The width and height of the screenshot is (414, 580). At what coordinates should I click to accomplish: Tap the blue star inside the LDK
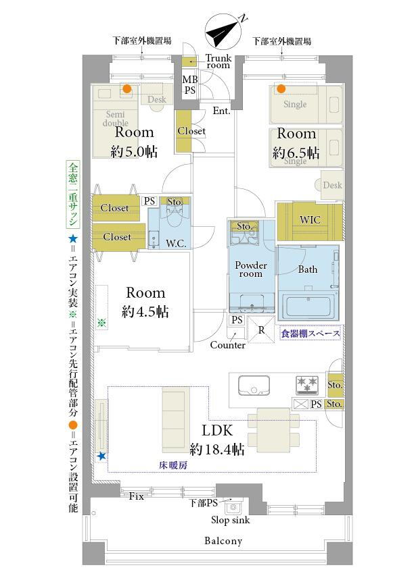click(101, 456)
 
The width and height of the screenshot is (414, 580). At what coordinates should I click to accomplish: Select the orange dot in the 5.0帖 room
click(127, 88)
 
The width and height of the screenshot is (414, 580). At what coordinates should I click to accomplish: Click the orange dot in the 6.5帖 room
click(281, 88)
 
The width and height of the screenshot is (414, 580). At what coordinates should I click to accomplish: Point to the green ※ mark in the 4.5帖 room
click(101, 323)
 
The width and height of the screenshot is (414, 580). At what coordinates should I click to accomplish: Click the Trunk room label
click(218, 61)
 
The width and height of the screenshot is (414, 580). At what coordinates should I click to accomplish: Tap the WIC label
click(310, 219)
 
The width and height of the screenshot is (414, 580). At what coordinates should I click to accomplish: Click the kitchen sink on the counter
click(254, 386)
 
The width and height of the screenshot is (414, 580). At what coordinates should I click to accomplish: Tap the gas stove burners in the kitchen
click(307, 384)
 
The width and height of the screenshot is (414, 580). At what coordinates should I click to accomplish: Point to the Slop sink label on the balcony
click(231, 520)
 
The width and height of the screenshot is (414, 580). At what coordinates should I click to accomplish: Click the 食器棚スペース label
click(310, 334)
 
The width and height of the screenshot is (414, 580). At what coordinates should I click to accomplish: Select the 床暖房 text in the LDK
click(173, 465)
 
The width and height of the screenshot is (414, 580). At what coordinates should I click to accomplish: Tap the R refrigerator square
click(261, 330)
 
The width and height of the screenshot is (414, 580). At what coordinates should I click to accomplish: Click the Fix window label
click(137, 496)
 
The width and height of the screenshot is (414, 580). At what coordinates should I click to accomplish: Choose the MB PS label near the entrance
click(190, 84)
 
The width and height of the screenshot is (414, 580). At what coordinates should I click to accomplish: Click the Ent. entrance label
click(222, 111)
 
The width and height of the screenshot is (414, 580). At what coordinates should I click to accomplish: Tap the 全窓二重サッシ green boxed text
click(73, 194)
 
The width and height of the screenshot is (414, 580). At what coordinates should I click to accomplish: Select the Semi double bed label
click(116, 119)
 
